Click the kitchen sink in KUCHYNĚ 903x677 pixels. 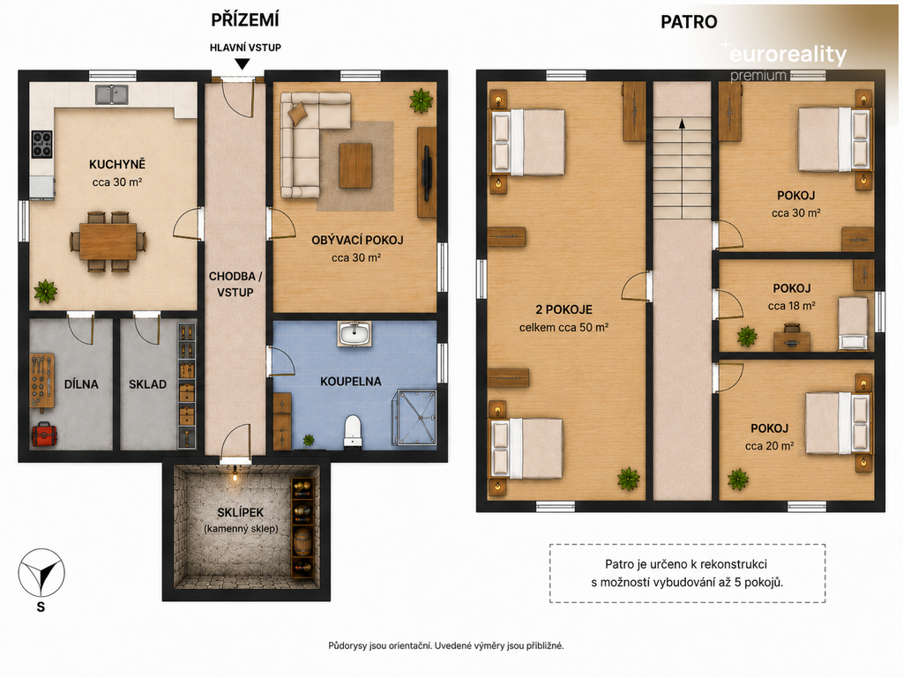point(112,93)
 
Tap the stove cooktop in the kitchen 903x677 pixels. point(41,144)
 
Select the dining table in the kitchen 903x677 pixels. point(108,242)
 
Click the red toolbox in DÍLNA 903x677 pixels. point(44,434)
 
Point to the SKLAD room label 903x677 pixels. point(147,384)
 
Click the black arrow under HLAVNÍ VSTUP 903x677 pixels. point(243,63)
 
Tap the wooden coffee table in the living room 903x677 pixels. point(355,166)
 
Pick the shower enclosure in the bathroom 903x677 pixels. point(415,417)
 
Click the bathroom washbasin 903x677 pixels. point(354,334)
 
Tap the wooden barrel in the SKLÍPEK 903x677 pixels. point(302,540)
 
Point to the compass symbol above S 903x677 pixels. point(41,573)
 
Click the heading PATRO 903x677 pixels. point(689,22)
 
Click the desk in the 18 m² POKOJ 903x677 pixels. point(791,342)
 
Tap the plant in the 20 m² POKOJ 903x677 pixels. point(738,479)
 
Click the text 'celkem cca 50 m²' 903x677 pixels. point(563,328)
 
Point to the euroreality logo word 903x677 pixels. point(787,55)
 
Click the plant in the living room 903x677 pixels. point(421,100)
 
